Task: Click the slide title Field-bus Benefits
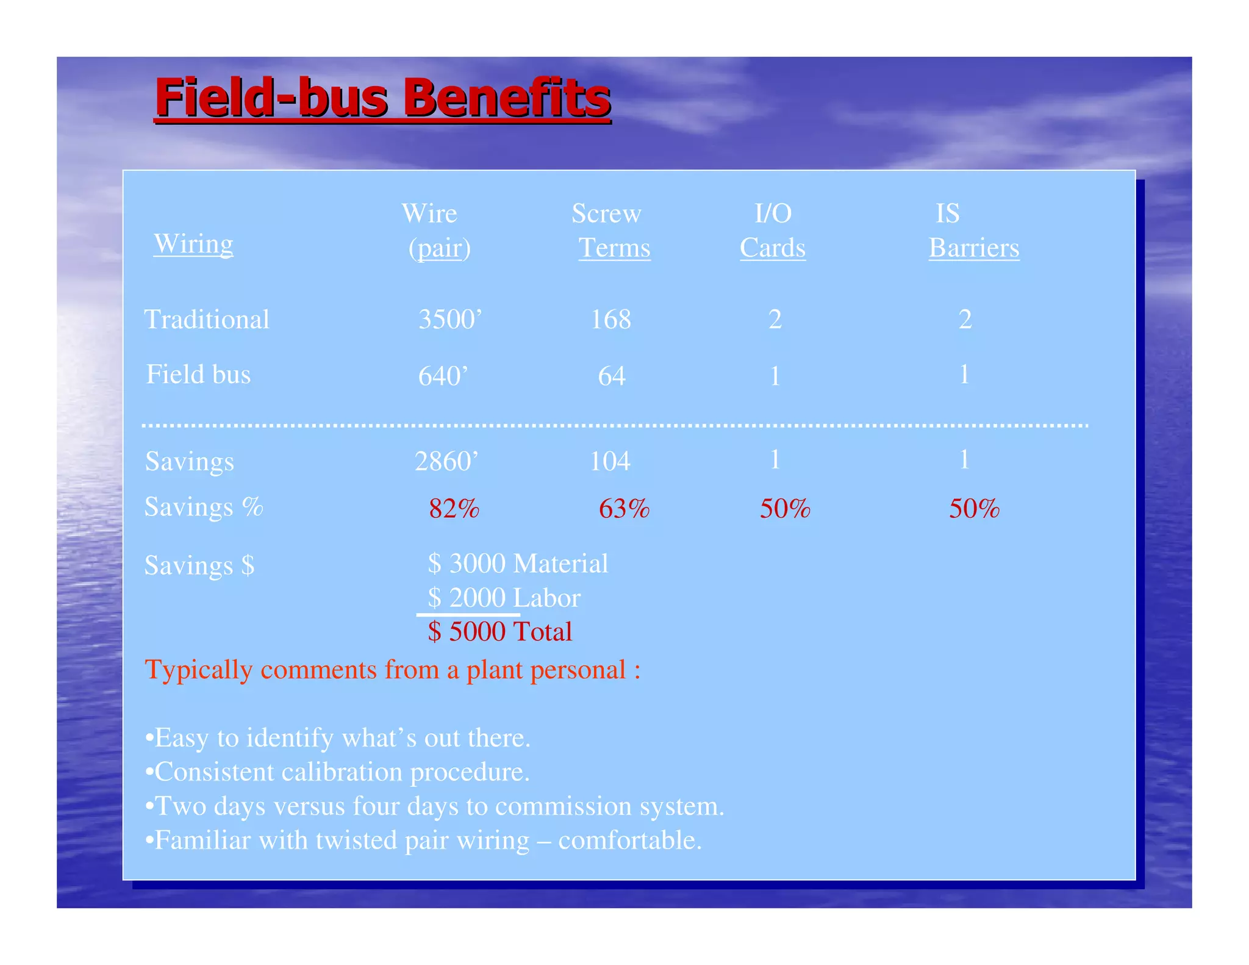coord(383,98)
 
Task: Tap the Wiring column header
coord(193,244)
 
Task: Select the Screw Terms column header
coord(610,231)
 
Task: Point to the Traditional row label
coord(207,320)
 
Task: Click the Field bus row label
coord(198,375)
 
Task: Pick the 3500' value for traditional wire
coord(450,320)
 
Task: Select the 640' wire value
coord(443,376)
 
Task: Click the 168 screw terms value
coord(610,320)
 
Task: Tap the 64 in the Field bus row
coord(612,376)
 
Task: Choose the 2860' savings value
coord(446,461)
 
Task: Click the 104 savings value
coord(610,461)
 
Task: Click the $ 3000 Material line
coord(518,564)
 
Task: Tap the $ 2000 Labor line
coord(504,598)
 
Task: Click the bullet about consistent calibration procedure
coord(338,772)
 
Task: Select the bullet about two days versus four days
coord(435,806)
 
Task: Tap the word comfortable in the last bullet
coord(629,841)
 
